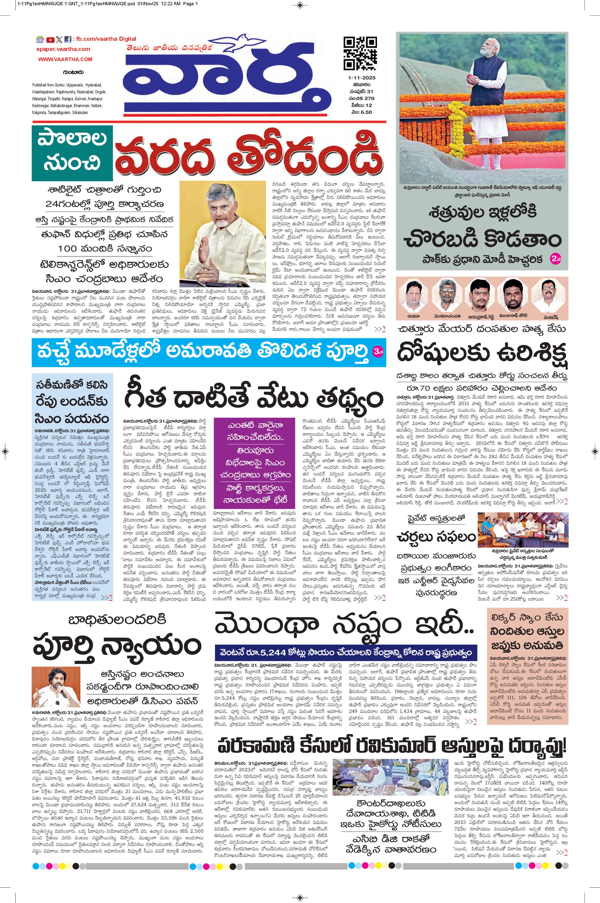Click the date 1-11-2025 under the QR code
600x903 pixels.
(x=362, y=78)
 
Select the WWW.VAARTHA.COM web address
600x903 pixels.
(x=65, y=59)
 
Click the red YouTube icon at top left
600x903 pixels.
(x=50, y=39)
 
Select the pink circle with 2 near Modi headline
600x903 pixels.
(x=555, y=259)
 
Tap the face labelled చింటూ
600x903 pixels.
(x=414, y=296)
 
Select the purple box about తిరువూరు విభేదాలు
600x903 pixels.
(x=254, y=463)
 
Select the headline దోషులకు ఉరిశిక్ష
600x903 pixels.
(x=482, y=352)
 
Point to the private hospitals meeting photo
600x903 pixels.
(x=522, y=530)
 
